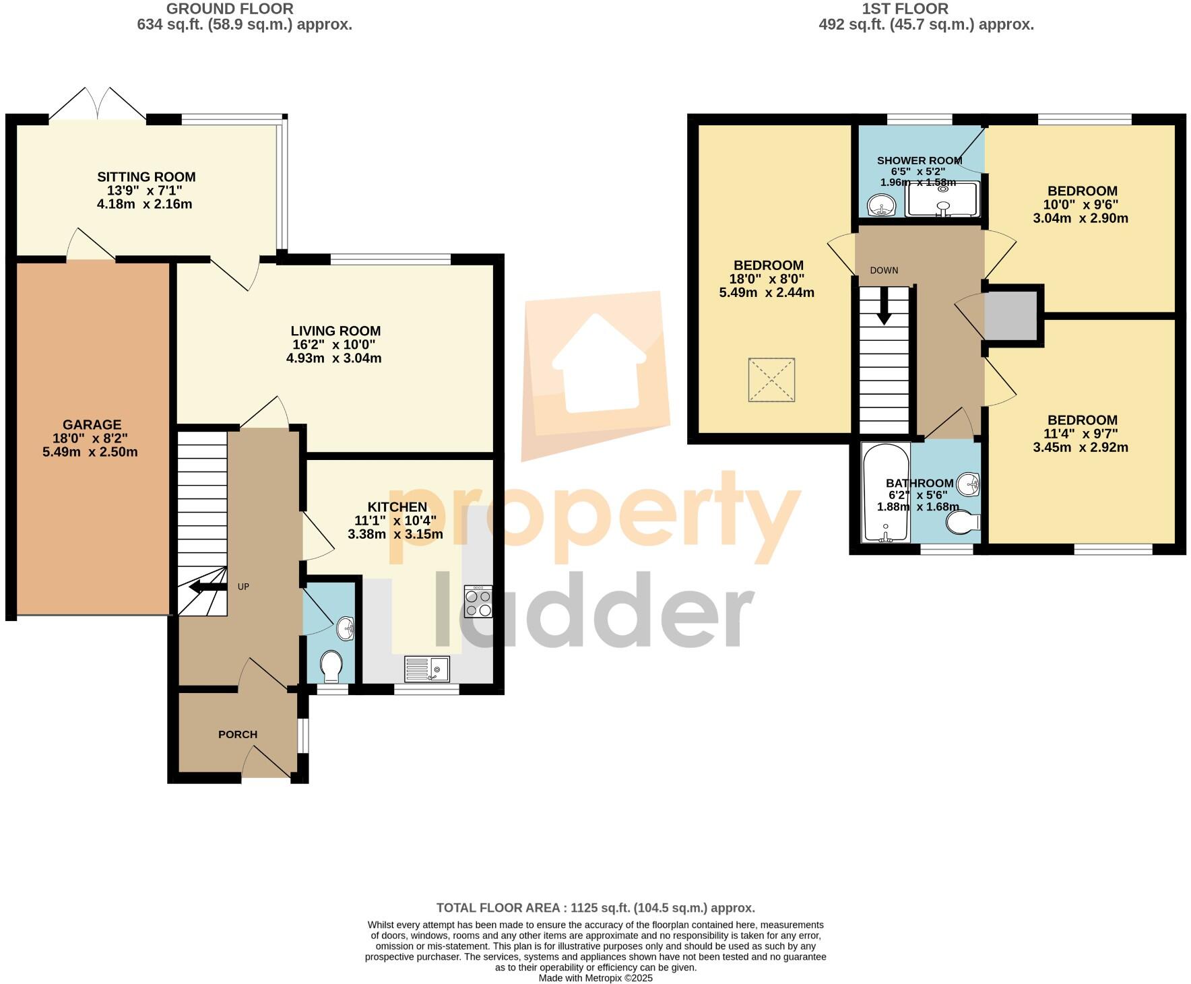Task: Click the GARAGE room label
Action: [92, 425]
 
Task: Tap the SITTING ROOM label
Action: [146, 177]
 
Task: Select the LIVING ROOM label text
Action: [335, 331]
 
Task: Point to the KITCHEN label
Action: [397, 507]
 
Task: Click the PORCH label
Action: [238, 734]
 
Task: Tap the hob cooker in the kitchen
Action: [478, 601]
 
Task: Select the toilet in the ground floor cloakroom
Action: [331, 666]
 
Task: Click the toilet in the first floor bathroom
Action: [963, 523]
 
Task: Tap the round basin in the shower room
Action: [879, 205]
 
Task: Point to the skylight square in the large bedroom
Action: [771, 381]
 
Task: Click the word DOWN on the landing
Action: [884, 270]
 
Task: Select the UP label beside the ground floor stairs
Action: [243, 587]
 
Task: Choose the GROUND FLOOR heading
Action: [230, 9]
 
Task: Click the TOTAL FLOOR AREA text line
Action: [595, 908]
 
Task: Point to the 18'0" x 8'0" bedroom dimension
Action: [768, 279]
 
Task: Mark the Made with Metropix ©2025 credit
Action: [595, 978]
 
